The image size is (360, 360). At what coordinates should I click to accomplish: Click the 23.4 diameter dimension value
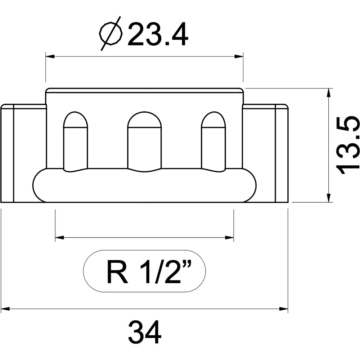158,35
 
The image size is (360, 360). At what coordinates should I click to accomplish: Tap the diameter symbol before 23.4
111,33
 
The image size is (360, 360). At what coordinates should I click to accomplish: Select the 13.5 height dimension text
347,145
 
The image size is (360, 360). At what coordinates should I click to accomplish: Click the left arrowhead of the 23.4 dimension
50,56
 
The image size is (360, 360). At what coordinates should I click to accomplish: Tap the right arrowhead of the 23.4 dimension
239,56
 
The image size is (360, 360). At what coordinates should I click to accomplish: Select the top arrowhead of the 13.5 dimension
329,93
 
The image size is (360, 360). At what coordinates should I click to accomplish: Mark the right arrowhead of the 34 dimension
284,309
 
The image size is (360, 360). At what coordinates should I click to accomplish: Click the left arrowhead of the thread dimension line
60,237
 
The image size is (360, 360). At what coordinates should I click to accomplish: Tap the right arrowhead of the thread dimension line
229,237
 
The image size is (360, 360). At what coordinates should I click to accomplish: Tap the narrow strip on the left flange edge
8,153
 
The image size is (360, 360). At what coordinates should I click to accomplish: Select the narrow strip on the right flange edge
282,153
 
